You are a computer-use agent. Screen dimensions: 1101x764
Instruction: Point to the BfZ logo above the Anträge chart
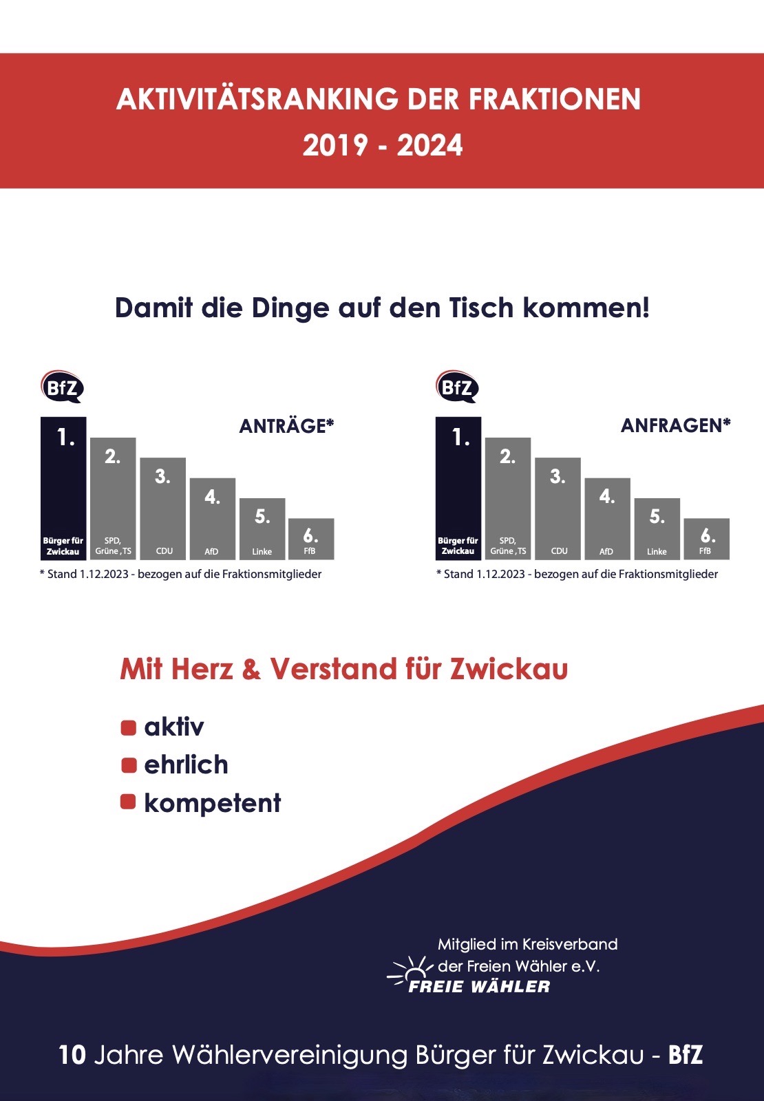pos(62,387)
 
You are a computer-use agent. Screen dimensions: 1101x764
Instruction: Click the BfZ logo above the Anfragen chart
pos(457,387)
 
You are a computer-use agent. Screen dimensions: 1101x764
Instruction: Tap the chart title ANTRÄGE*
pos(286,426)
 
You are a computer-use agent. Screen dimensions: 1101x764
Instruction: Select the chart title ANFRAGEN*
pos(675,425)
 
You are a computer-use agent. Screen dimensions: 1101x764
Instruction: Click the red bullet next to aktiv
pos(129,727)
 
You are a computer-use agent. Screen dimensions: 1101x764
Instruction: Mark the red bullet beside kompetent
pos(128,802)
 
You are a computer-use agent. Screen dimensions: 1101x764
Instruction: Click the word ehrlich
pos(186,765)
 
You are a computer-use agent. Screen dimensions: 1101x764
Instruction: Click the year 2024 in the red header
pos(429,146)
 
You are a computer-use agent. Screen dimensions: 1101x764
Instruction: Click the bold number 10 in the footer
pos(72,1055)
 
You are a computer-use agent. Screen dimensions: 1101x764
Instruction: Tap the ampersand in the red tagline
pos(251,670)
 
